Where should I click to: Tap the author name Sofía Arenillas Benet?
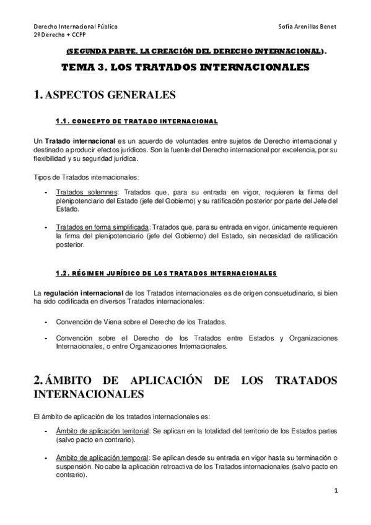point(308,27)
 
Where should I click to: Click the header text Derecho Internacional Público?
point(75,27)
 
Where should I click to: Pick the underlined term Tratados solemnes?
point(79,192)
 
